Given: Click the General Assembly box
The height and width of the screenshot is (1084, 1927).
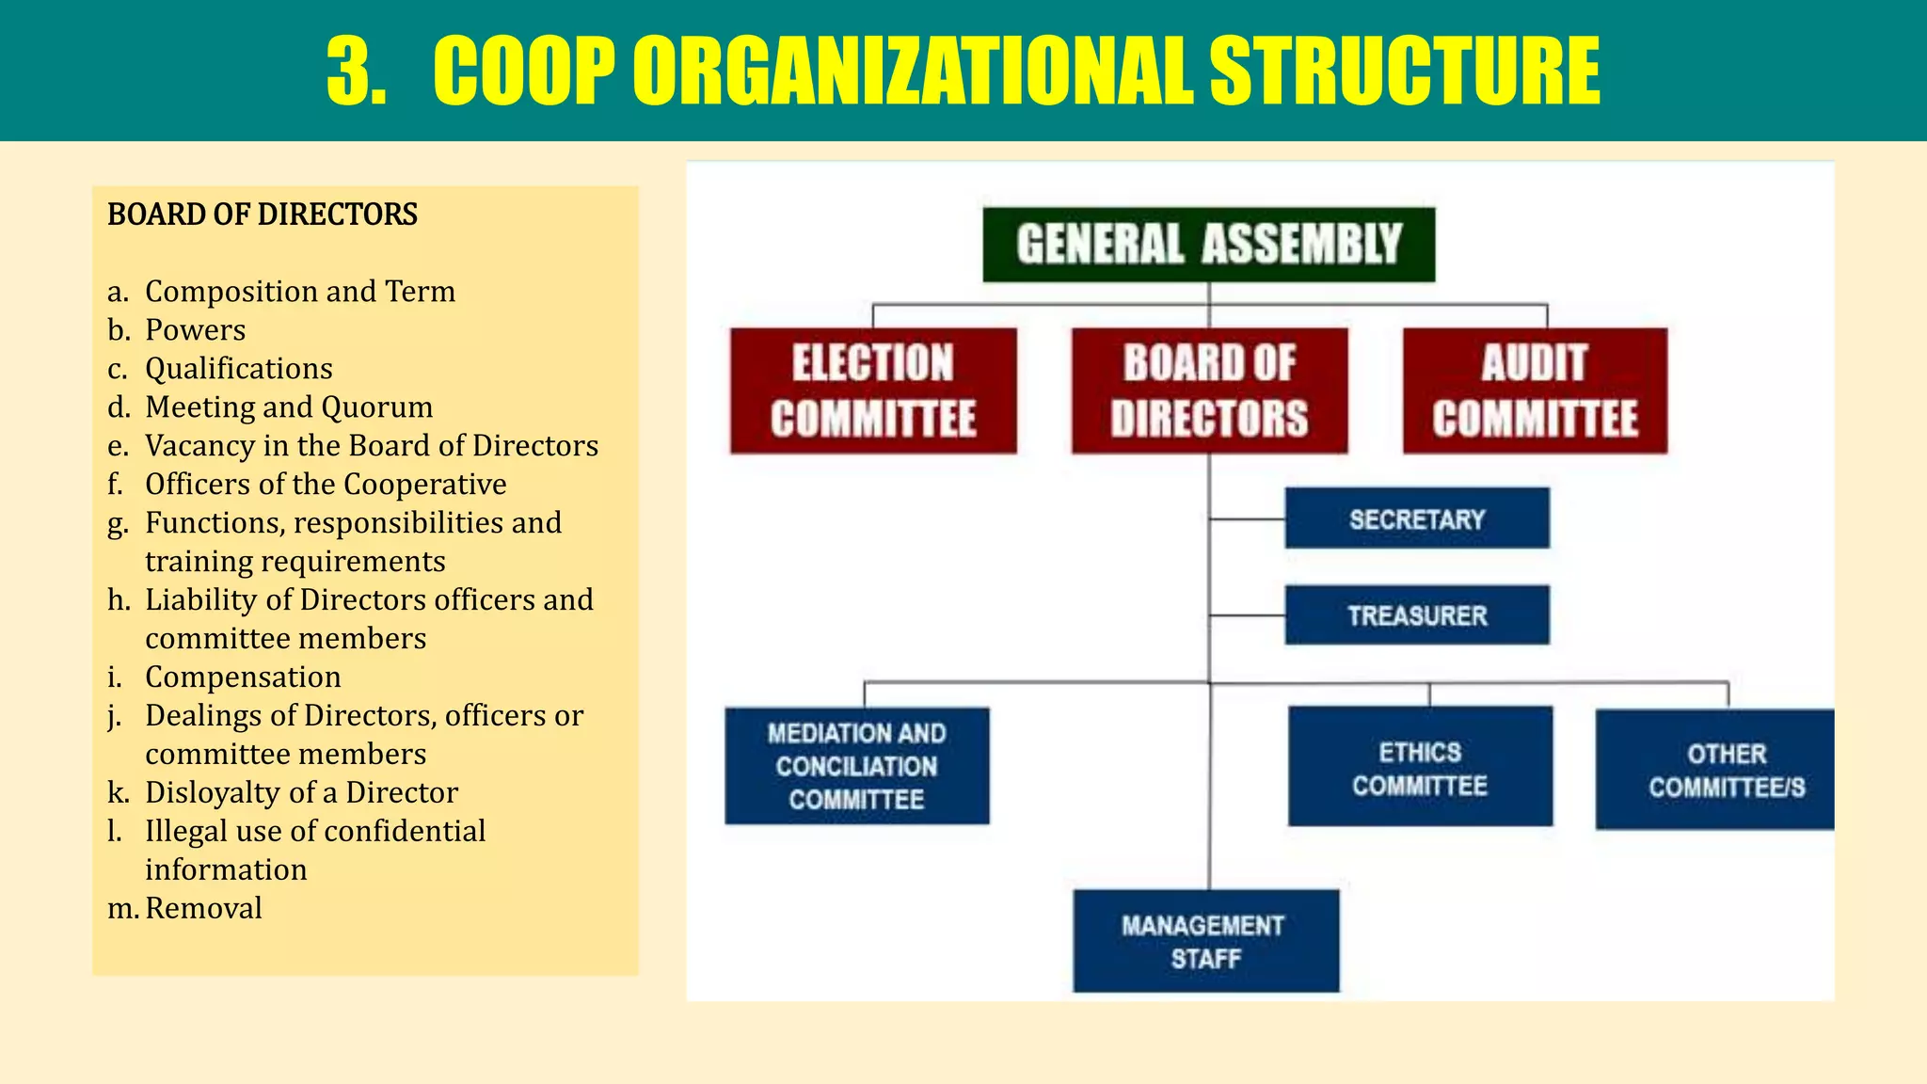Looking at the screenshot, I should tap(1209, 245).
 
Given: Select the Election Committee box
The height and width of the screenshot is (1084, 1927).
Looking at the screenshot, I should tap(873, 391).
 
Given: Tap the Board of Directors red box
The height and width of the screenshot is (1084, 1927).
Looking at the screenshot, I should tap(1209, 391).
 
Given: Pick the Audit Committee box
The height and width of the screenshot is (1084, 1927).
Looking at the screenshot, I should tap(1535, 391).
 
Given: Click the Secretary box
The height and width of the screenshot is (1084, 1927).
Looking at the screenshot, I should tap(1417, 518).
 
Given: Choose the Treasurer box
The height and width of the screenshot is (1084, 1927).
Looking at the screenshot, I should tap(1417, 615).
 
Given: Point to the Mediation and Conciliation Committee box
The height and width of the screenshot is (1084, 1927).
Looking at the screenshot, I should tap(856, 766).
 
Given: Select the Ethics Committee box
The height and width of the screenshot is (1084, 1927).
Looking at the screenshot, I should tap(1420, 767).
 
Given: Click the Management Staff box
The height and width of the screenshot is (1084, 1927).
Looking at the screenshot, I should tap(1205, 941).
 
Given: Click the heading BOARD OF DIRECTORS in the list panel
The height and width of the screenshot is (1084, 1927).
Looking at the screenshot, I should tap(263, 215).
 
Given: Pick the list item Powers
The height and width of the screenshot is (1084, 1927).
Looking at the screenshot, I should tap(195, 330).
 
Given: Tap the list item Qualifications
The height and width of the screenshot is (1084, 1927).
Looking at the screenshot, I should tap(238, 369).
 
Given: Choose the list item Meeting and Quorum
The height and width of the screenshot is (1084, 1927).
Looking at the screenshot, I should tap(289, 407).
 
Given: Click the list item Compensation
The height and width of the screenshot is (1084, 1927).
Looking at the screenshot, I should tap(243, 677).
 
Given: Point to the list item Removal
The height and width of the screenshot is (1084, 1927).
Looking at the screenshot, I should tap(203, 909).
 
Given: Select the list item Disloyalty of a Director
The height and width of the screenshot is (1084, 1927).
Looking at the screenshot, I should tap(301, 793).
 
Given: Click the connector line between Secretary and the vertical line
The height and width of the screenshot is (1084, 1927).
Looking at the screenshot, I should tap(1248, 518).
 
